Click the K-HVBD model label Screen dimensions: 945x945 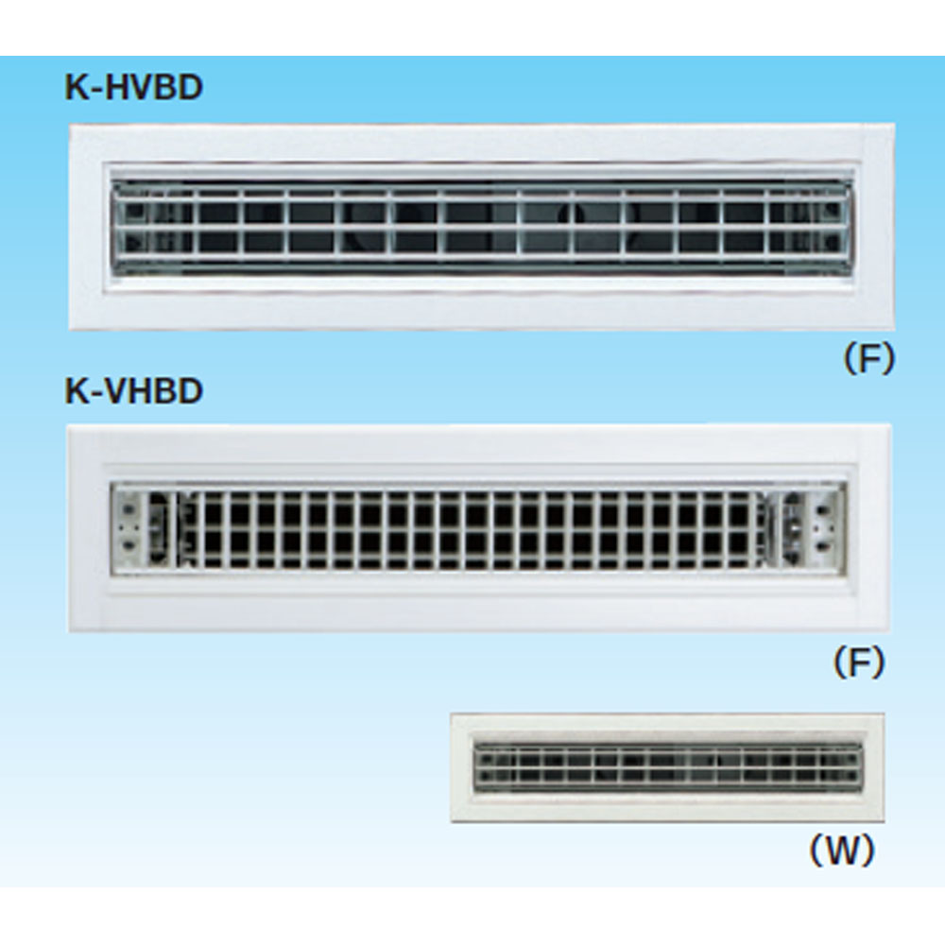pos(134,88)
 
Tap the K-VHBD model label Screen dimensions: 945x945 pos(134,392)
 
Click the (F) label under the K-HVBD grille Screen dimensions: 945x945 pos(868,360)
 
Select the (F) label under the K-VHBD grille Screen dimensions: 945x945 pos(859,663)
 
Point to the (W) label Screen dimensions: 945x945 pos(841,850)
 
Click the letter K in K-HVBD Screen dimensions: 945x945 pos(76,88)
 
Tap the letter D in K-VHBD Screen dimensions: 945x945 pos(191,392)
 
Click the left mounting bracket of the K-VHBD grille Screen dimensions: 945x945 pos(143,528)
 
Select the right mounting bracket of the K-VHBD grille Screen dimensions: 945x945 pos(808,529)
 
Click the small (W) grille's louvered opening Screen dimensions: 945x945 pos(668,767)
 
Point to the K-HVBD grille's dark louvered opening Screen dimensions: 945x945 pos(482,227)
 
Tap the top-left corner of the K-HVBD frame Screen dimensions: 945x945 pos(69,125)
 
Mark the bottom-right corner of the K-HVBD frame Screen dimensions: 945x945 pos(895,330)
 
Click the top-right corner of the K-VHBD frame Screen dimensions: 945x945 pos(891,425)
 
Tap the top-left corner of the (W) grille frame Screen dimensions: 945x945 pos(451,714)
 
